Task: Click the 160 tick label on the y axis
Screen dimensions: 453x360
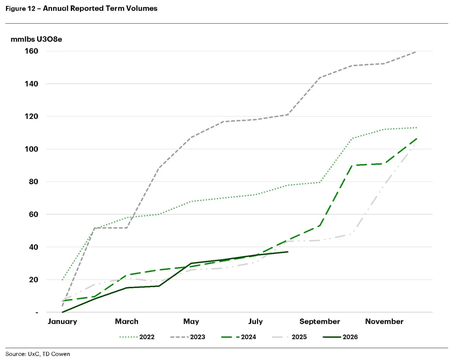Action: click(31, 51)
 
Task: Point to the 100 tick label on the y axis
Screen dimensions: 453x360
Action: click(31, 149)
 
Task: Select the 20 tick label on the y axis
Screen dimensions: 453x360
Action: click(34, 280)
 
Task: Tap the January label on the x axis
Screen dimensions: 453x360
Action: click(62, 322)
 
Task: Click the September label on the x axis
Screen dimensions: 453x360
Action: click(320, 322)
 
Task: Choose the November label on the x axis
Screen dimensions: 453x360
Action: click(384, 321)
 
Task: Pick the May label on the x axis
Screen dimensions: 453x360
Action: click(191, 322)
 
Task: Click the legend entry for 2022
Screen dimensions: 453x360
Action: click(137, 337)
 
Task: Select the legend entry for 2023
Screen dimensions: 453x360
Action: click(188, 337)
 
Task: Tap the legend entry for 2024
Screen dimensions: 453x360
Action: click(239, 337)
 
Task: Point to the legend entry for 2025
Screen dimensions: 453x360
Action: click(289, 337)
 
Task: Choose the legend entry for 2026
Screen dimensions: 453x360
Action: click(340, 337)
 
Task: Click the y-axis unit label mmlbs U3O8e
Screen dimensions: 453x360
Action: click(36, 39)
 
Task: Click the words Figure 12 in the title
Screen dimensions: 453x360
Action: click(20, 8)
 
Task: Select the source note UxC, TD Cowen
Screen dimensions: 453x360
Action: click(49, 354)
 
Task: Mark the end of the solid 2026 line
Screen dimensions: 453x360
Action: click(288, 252)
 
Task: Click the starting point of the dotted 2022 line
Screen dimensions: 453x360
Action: click(62, 280)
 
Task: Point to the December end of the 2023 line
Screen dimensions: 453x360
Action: click(416, 52)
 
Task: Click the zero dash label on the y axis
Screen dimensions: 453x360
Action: click(37, 313)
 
